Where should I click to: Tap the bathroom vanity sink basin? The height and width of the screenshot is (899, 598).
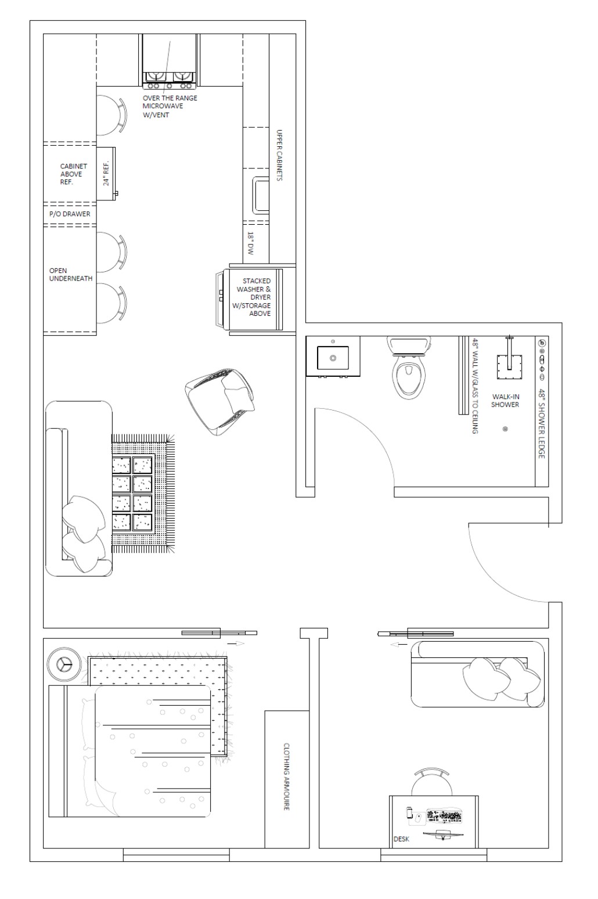coord(333,358)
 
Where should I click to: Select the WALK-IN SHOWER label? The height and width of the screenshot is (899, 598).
coord(505,401)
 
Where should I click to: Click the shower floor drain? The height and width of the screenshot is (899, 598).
coord(505,429)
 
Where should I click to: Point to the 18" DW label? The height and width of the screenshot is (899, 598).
coord(251,243)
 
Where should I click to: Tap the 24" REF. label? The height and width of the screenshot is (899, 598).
coord(106,174)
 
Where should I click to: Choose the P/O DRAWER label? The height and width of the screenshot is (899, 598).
coord(70,214)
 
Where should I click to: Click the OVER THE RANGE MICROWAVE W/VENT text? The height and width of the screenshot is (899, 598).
coord(170,106)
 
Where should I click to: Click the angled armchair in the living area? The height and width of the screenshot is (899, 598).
coord(219,402)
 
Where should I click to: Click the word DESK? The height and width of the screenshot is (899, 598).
coord(401,839)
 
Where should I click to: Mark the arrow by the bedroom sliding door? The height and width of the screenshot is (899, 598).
coord(236,643)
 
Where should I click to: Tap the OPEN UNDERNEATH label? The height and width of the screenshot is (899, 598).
coord(71,275)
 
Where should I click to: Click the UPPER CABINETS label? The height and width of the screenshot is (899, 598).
coord(279,155)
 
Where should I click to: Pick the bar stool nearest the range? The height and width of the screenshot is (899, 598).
coord(111,115)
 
